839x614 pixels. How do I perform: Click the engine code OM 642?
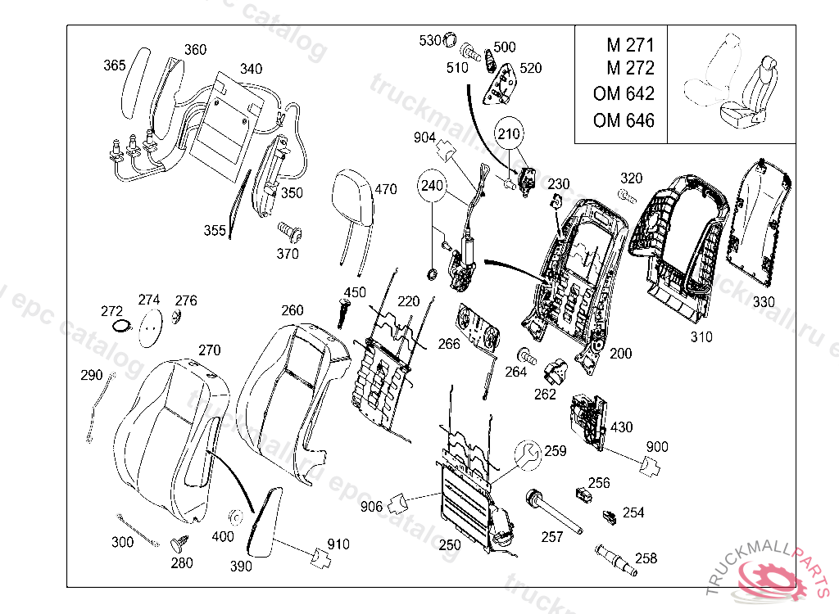[624, 93]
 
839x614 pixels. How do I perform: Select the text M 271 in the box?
[630, 45]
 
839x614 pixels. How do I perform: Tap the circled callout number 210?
[509, 133]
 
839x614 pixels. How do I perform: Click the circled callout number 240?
[432, 186]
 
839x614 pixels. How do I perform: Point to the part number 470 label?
[385, 189]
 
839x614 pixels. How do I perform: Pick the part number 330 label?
[764, 302]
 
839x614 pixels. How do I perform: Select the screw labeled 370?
[290, 233]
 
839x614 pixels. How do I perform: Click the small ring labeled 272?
[122, 326]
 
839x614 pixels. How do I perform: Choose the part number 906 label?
[371, 506]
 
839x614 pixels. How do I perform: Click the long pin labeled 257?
[554, 512]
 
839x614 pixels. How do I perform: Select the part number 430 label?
[621, 427]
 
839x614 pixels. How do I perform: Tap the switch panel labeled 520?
[501, 84]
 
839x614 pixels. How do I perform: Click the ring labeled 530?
[451, 39]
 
